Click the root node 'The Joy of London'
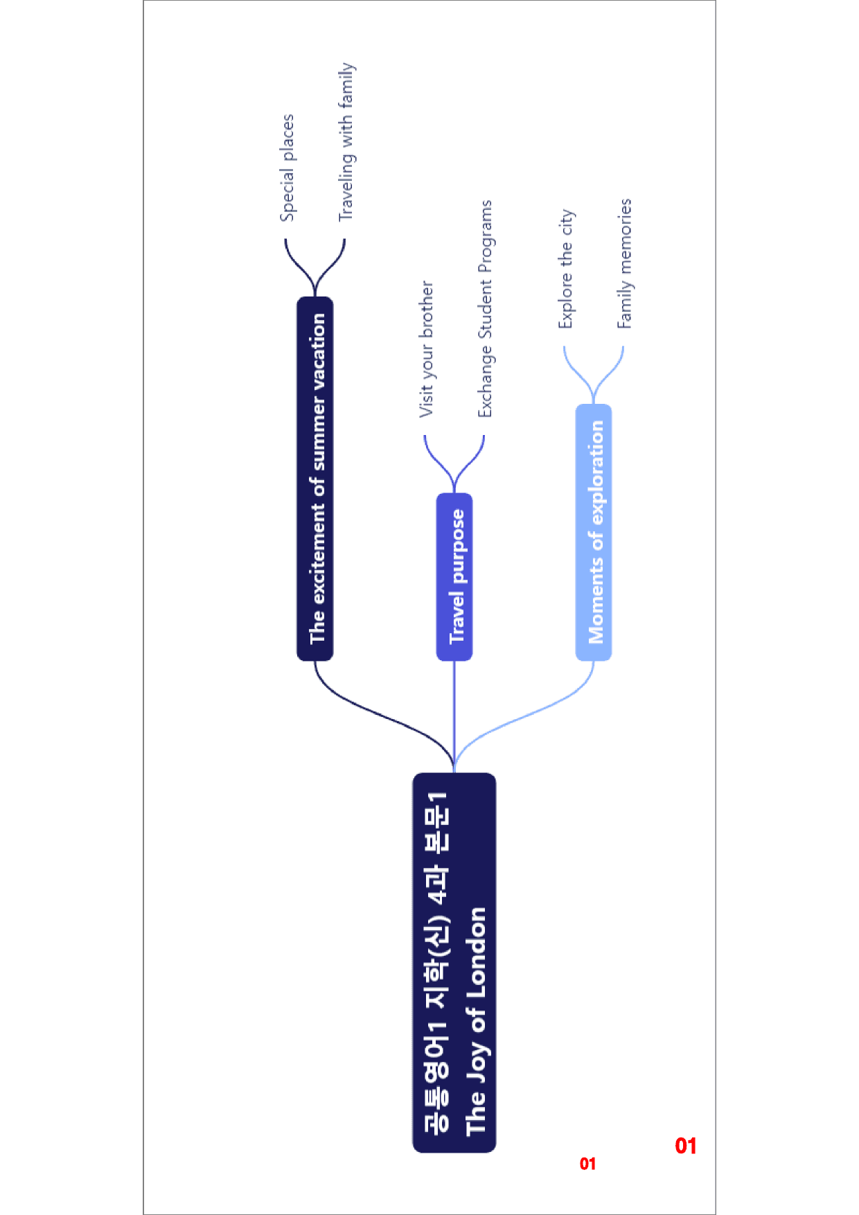[x=454, y=962]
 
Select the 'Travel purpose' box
[x=454, y=576]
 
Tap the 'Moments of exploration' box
[x=594, y=532]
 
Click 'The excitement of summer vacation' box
[x=315, y=479]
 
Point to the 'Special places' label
[x=287, y=168]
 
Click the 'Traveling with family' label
[x=346, y=142]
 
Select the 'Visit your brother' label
[x=426, y=349]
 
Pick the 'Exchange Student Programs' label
[x=485, y=309]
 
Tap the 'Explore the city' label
[x=567, y=269]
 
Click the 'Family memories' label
[x=625, y=263]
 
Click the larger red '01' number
[x=686, y=1146]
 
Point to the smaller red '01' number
[x=587, y=1164]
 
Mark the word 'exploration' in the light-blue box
[x=596, y=472]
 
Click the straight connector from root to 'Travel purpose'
[x=454, y=716]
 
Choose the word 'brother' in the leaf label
[x=426, y=310]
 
